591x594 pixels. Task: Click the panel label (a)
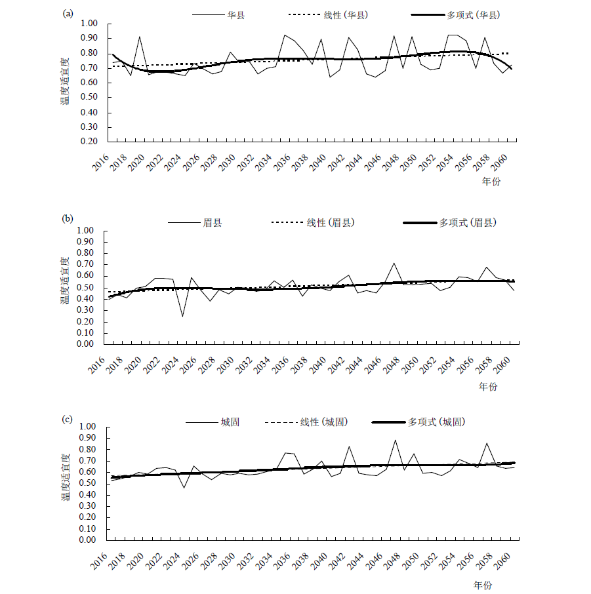click(68, 14)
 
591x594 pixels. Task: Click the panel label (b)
click(68, 218)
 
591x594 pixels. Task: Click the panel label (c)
click(67, 420)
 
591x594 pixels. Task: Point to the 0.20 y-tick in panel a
click(89, 142)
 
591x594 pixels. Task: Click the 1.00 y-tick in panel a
click(89, 24)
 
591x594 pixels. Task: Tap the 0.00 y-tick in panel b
click(85, 344)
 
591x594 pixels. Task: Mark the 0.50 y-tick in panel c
click(88, 483)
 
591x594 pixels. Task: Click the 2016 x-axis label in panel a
click(101, 163)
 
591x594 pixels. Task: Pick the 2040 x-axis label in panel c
click(319, 561)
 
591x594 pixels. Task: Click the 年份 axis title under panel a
click(491, 182)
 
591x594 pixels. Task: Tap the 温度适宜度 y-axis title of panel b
click(65, 281)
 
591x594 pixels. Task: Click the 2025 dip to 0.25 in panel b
click(182, 316)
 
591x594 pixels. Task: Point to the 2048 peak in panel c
click(396, 440)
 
